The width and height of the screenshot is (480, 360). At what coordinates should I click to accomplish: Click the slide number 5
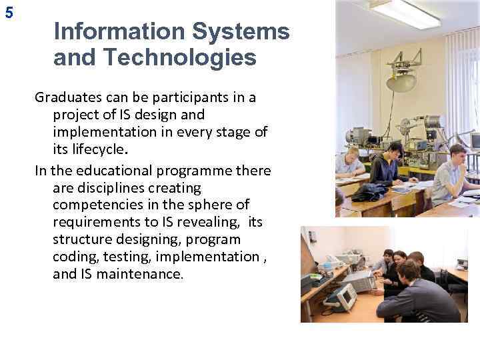(8, 11)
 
